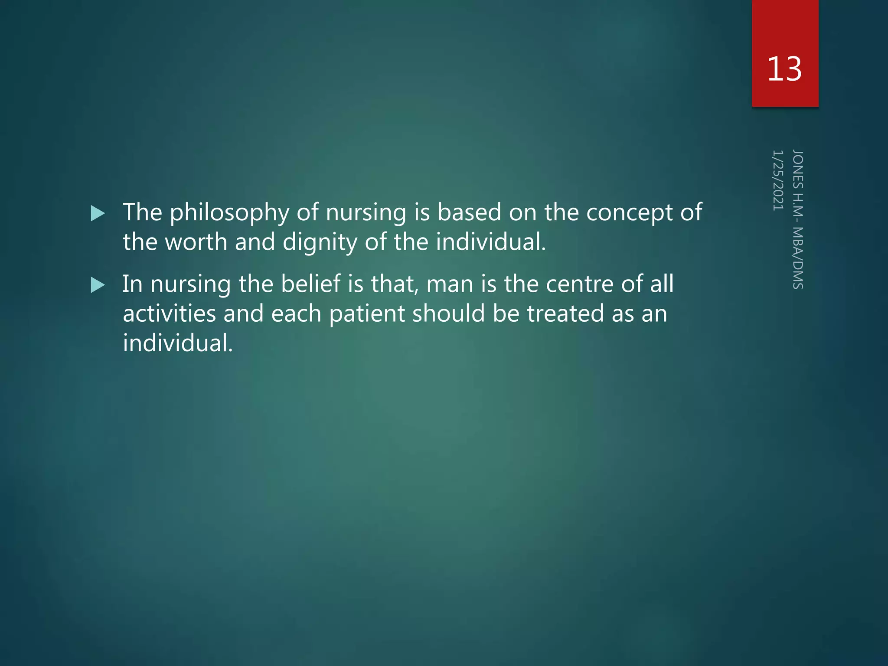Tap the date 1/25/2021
click(x=778, y=180)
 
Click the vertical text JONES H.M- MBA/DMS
click(x=798, y=219)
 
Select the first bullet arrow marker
click(x=98, y=213)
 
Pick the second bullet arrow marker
click(x=98, y=285)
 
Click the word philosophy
click(x=229, y=213)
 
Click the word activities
click(x=169, y=313)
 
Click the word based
click(x=469, y=212)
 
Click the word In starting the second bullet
click(x=132, y=284)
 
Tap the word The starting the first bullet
click(x=142, y=212)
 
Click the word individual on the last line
click(x=178, y=343)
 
